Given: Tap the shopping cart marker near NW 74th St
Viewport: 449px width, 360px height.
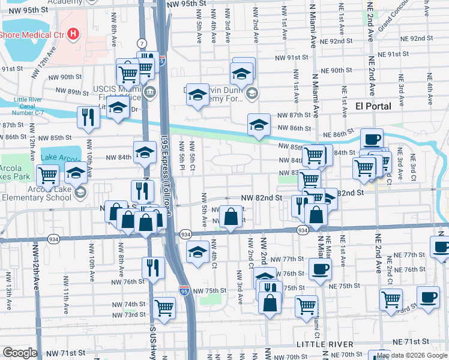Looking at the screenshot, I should click(x=164, y=308).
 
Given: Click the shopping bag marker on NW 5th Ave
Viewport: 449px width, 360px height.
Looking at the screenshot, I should click(x=231, y=217).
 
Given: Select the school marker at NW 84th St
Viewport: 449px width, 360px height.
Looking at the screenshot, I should click(x=144, y=152).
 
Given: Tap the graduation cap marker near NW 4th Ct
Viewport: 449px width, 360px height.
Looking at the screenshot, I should click(x=197, y=251).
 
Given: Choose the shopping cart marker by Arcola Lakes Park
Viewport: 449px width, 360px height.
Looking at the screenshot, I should click(x=47, y=176).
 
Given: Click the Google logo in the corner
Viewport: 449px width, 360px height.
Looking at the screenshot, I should click(x=20, y=353).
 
